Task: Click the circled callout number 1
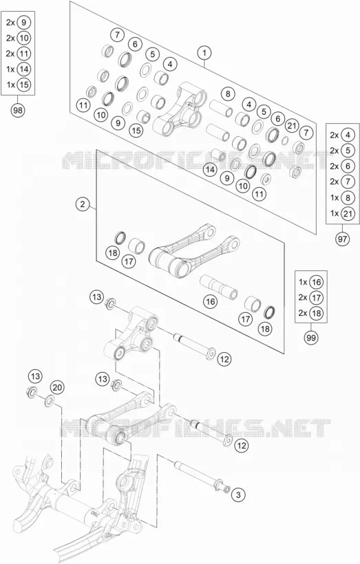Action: click(204, 54)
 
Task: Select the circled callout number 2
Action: click(83, 205)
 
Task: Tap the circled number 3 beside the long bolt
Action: click(238, 495)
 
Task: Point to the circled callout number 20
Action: click(57, 387)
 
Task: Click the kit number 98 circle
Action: click(17, 110)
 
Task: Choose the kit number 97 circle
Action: click(342, 239)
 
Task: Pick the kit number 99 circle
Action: click(311, 338)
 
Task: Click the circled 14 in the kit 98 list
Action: click(24, 69)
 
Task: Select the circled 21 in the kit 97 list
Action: click(348, 214)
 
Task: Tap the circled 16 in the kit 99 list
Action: click(317, 282)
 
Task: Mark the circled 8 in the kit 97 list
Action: click(348, 198)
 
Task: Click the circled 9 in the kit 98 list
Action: click(24, 22)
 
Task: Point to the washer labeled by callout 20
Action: click(49, 400)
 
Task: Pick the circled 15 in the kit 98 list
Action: click(24, 85)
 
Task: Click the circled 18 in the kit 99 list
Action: click(317, 313)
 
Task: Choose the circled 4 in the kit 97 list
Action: click(348, 135)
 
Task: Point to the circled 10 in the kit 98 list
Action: click(24, 38)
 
